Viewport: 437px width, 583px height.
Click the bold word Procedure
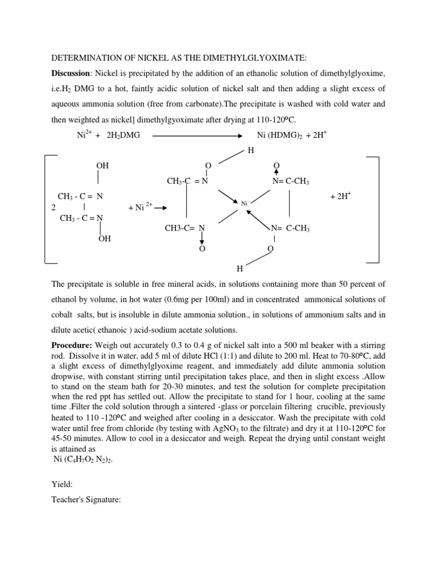[x=73, y=346]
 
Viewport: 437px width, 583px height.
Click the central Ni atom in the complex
[x=244, y=203]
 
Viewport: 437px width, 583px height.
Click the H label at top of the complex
[x=250, y=150]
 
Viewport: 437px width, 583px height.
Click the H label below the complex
[x=240, y=268]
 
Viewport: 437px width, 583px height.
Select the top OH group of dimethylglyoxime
[x=102, y=166]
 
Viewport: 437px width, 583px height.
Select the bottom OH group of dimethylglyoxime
[x=104, y=239]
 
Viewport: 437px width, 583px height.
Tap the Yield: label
[x=62, y=485]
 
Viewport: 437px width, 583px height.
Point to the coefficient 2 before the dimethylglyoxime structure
[x=53, y=208]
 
